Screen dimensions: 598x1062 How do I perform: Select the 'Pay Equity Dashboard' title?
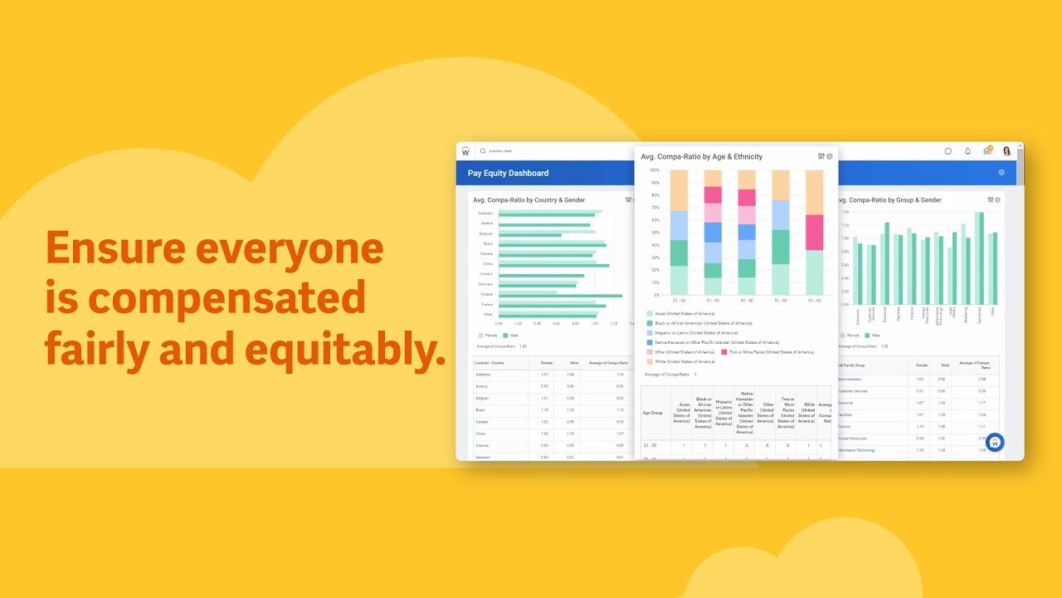coord(508,173)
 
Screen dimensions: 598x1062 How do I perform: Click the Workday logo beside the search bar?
coord(465,151)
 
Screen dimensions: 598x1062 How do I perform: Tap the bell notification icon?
coord(967,151)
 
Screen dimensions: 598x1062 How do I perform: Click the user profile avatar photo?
coord(1006,151)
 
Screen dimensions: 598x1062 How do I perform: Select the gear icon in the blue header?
coord(1001,173)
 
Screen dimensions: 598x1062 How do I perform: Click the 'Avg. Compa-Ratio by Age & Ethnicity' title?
coord(701,156)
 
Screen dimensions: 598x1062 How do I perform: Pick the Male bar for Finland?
coord(560,295)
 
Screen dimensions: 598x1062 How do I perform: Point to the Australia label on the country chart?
coord(486,213)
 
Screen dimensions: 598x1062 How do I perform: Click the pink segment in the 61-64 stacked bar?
coord(815,233)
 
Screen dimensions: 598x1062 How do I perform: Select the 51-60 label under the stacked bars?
coord(780,301)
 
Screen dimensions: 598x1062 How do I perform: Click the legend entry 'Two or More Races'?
coord(768,352)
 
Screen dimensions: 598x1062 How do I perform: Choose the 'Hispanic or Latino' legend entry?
coord(692,332)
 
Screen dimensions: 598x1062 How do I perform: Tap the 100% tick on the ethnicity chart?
coord(655,170)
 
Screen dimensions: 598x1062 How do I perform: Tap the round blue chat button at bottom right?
coord(995,443)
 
